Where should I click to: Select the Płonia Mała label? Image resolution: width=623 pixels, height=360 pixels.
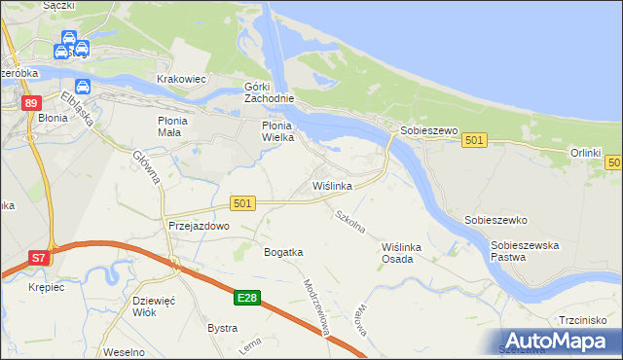pos(178,126)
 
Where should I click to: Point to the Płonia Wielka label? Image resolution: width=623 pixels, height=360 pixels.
pos(284,131)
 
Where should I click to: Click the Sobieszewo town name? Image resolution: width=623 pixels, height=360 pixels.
pos(424,129)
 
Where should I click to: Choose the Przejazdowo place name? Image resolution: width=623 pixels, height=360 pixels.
pos(198,225)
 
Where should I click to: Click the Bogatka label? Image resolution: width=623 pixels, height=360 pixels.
pos(283,252)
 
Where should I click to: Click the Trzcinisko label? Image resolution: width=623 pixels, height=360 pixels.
pos(583,319)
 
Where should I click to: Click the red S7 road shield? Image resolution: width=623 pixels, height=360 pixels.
pos(38,258)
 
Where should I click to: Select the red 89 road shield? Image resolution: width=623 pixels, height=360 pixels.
pos(32,103)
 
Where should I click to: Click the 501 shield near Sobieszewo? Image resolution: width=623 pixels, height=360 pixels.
pos(474,140)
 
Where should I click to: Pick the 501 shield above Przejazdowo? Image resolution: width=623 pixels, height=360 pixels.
pos(243,202)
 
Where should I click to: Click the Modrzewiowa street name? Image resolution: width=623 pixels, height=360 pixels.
pos(318,309)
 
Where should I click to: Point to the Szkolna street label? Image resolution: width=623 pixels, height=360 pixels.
pos(350,222)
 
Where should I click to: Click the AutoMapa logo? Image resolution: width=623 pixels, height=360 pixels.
pos(556,340)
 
